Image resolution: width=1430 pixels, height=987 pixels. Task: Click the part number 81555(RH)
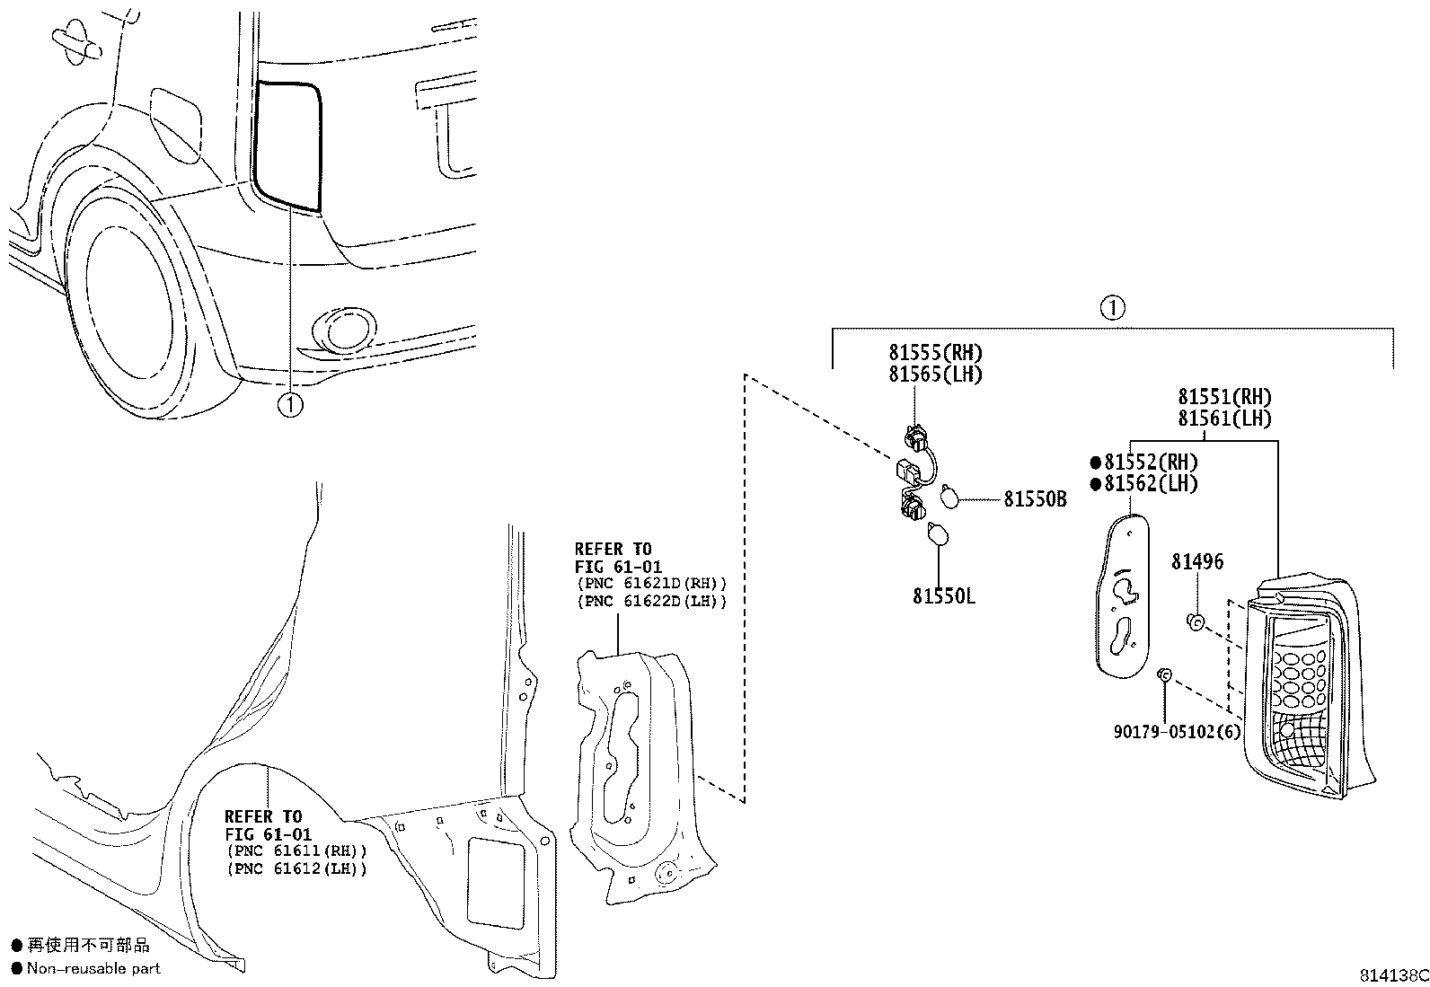point(935,353)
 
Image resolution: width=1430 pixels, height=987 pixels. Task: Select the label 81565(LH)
point(935,375)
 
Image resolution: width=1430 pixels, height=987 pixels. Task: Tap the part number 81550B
point(1035,499)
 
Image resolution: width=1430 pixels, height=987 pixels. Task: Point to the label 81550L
point(944,596)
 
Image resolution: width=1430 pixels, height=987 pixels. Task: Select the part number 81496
point(1197,562)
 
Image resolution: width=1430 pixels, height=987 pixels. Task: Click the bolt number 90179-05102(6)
point(1177,731)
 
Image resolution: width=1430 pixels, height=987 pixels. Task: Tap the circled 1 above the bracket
point(1112,309)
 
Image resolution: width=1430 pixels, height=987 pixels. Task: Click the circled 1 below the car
point(290,406)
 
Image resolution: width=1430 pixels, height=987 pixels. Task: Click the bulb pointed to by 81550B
point(949,496)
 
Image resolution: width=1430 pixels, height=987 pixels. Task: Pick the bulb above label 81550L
point(937,533)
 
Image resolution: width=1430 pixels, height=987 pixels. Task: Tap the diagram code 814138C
point(1392,975)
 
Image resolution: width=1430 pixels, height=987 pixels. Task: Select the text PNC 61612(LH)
point(298,868)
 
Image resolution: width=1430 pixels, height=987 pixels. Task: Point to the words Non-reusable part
point(93,968)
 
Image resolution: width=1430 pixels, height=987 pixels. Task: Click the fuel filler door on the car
point(176,123)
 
